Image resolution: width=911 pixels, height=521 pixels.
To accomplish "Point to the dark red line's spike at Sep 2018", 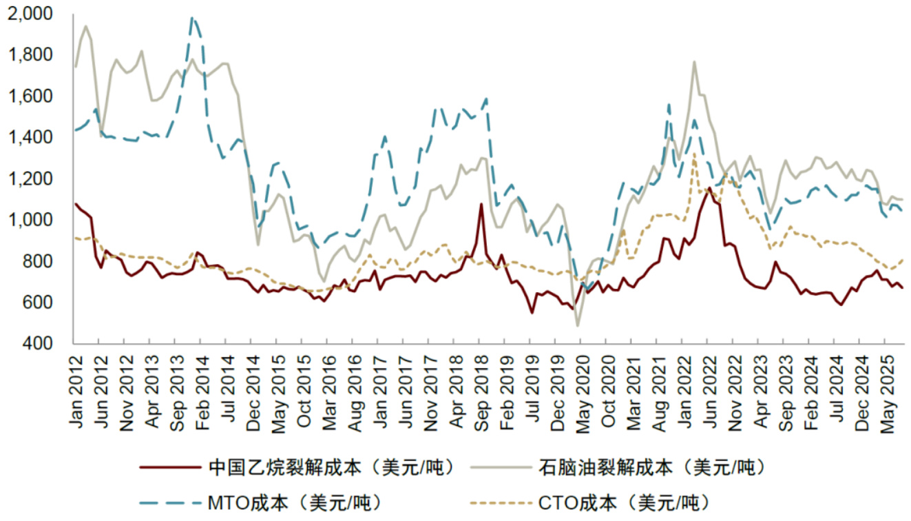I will (481, 204).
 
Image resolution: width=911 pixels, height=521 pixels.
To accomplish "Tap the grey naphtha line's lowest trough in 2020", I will (578, 325).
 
